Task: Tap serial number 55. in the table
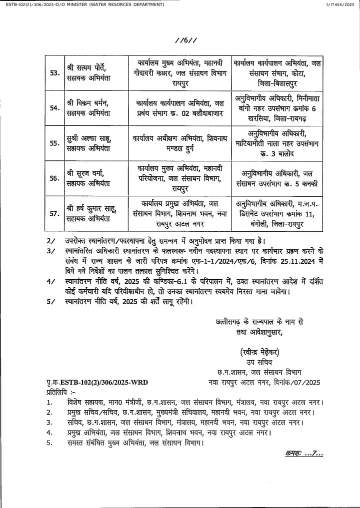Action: point(54,142)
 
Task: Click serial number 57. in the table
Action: point(54,213)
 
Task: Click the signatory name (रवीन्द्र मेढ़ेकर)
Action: point(258,351)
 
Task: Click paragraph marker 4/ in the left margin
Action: point(50,281)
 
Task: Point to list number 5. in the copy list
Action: point(49,443)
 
